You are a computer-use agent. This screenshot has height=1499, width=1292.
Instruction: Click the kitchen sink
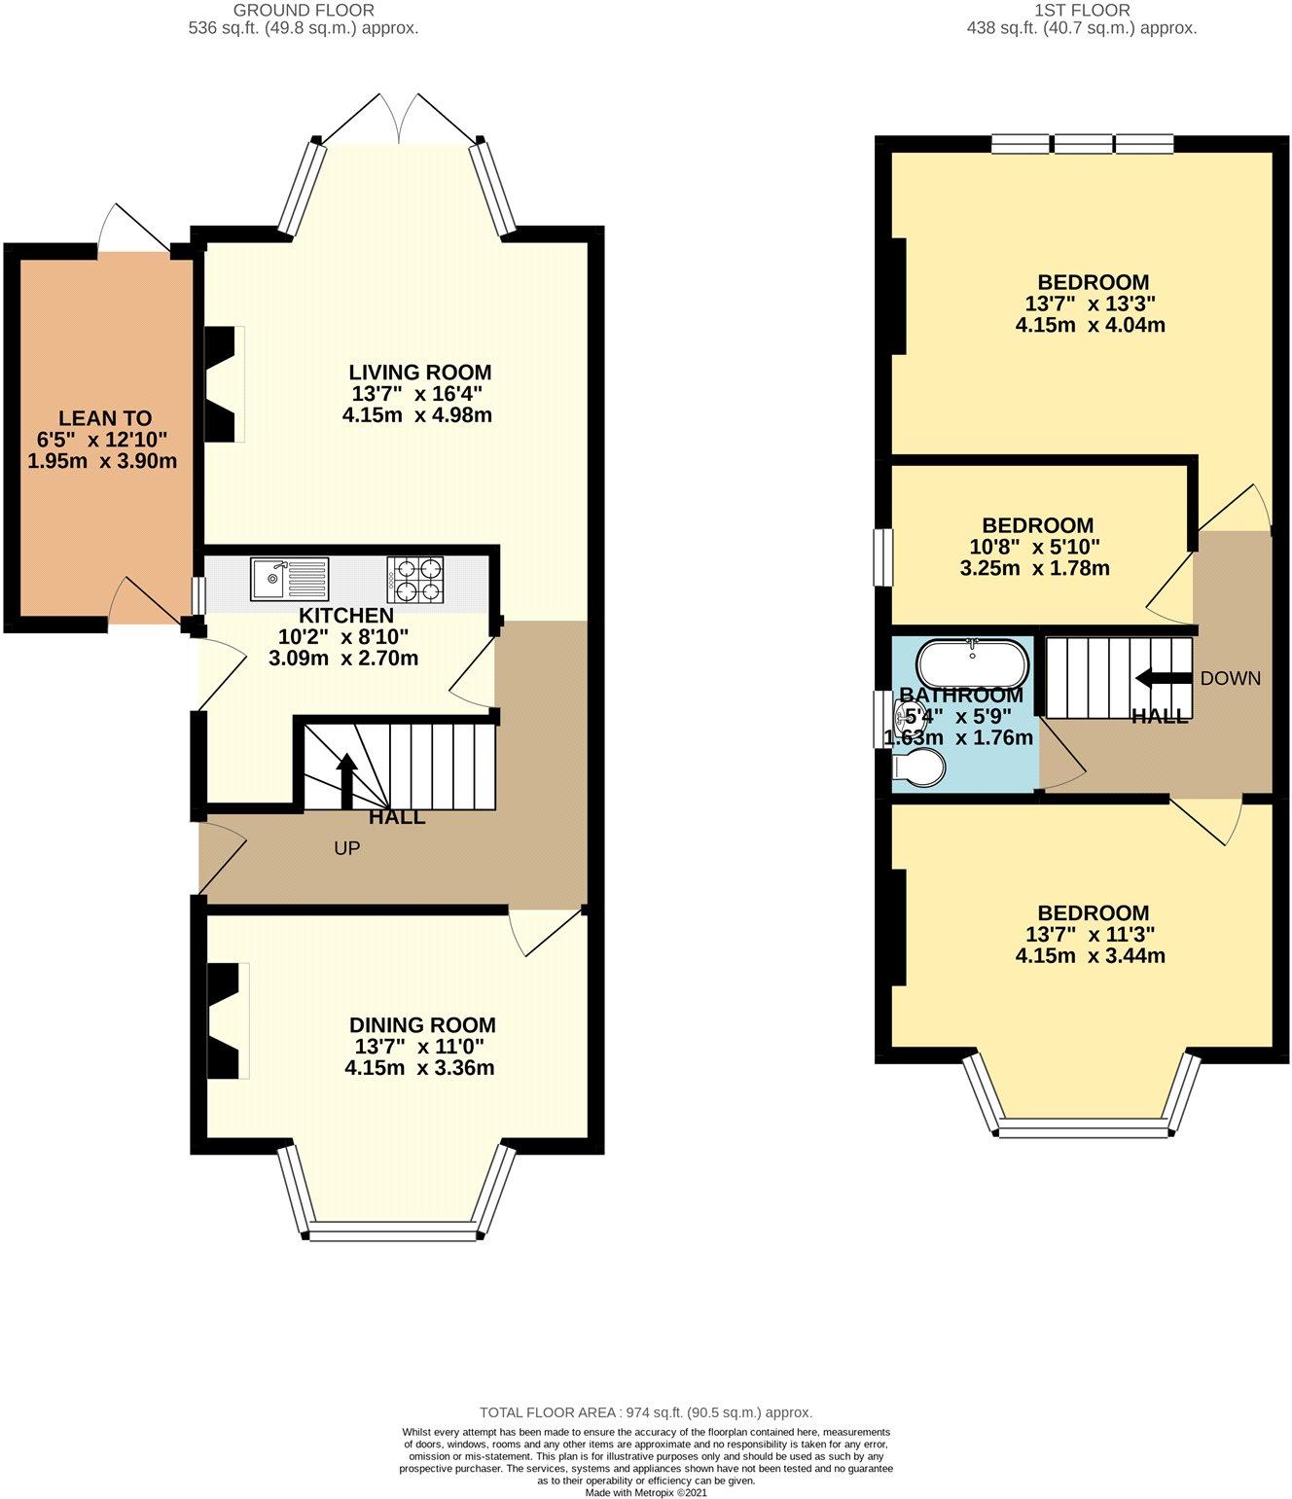point(289,579)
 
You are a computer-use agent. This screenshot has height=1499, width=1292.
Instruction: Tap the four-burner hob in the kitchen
point(415,579)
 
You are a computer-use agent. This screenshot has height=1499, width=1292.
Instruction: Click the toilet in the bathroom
point(918,767)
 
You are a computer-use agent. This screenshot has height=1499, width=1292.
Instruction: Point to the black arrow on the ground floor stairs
point(346,780)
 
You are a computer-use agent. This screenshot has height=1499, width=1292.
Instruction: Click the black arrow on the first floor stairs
point(1163,678)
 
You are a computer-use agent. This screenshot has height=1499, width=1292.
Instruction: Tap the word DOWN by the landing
point(1231,678)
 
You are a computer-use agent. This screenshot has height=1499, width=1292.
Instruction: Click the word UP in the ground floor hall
point(346,848)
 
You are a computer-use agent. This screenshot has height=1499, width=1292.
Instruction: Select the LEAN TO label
point(105,418)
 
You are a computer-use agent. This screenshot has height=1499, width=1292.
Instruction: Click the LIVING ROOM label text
point(420,372)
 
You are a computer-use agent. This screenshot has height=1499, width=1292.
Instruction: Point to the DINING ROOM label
point(422,1024)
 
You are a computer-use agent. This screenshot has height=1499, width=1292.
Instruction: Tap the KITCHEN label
point(346,615)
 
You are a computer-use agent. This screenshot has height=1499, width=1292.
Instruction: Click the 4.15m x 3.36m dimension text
point(419,1067)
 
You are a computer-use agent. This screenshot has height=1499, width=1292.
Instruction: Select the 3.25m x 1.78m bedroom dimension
point(1034,568)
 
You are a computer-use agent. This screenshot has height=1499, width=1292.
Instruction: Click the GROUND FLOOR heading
point(304,10)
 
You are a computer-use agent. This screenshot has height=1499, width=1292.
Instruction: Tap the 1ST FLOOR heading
point(1082,10)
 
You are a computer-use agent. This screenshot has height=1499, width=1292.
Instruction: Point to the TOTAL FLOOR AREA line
point(646,1412)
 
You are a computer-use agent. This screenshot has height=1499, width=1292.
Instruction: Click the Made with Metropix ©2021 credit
point(646,1492)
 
